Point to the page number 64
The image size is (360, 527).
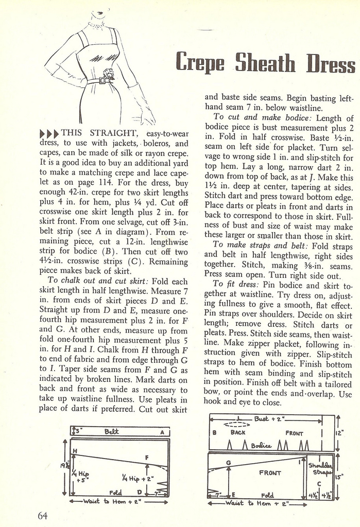pos(42,515)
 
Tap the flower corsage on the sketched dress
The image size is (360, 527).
pos(108,73)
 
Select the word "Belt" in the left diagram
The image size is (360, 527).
pos(112,431)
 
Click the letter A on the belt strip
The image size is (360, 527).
pos(161,432)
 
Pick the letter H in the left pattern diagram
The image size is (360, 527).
pos(75,451)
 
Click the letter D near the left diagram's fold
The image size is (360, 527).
pos(139,493)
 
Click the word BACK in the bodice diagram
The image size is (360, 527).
pos(238,433)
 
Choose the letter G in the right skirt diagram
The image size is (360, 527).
pos(228,462)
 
